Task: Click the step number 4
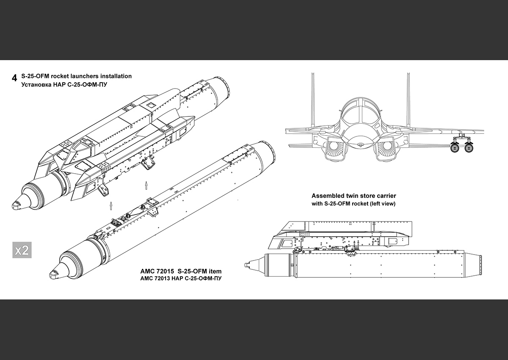click(15, 78)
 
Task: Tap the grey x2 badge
click(22, 250)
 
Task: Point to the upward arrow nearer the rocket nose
click(111, 206)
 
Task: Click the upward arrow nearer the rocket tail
click(146, 185)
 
